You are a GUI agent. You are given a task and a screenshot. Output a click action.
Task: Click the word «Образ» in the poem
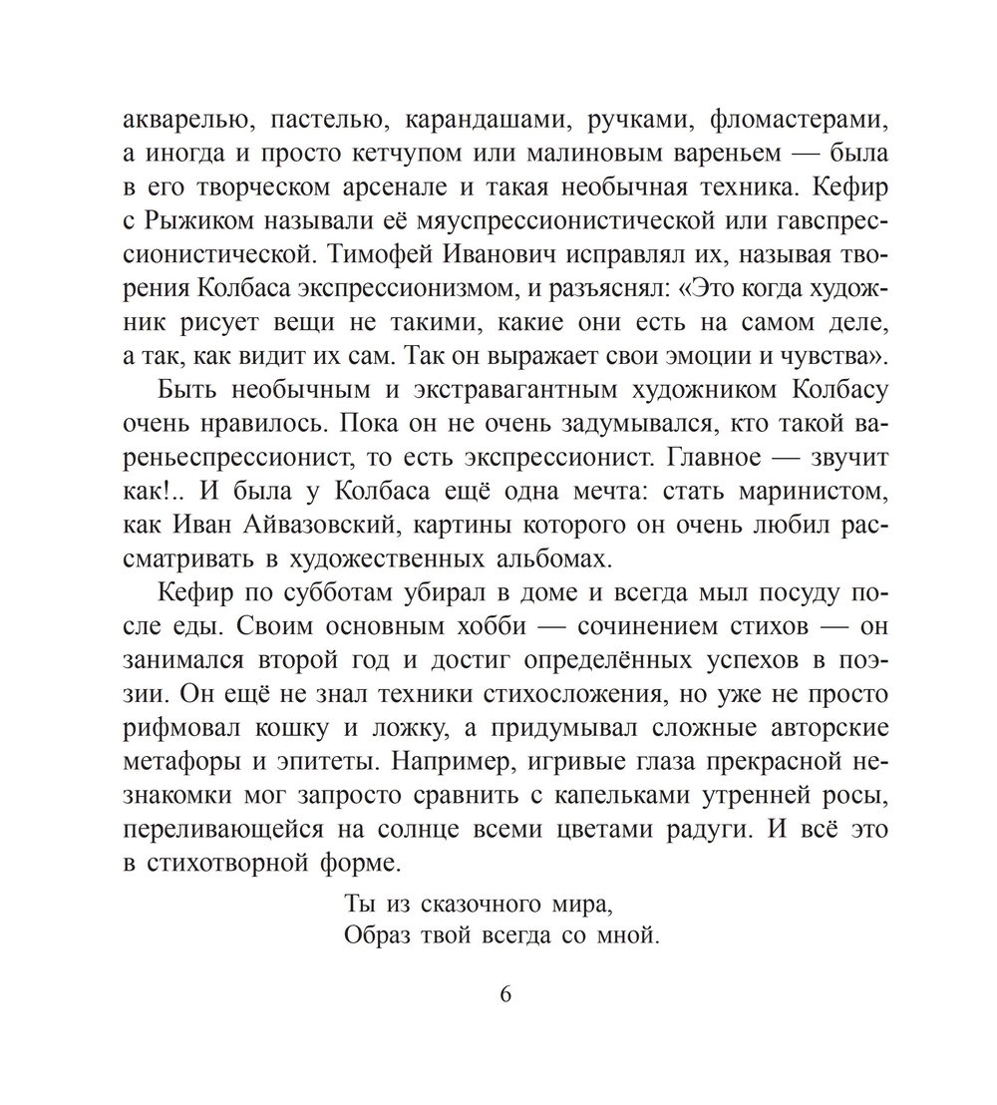tap(372, 936)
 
